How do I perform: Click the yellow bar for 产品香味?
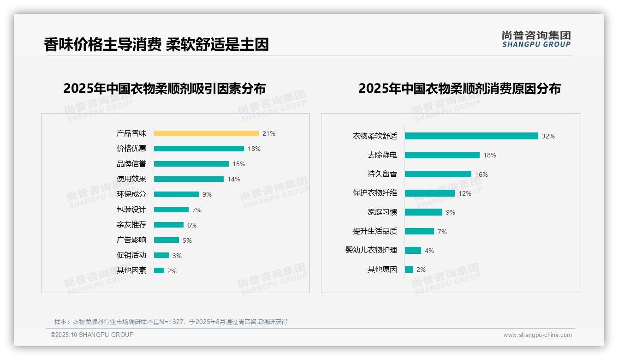pyautogui.click(x=206, y=133)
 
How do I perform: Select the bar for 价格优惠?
pyautogui.click(x=199, y=149)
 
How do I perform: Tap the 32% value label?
pyautogui.click(x=548, y=136)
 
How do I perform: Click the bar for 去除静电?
pyautogui.click(x=442, y=155)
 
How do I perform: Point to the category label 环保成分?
pyautogui.click(x=131, y=194)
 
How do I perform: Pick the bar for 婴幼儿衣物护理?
pyautogui.click(x=413, y=250)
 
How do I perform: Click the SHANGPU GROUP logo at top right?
pyautogui.click(x=536, y=39)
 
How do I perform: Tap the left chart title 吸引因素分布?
pyautogui.click(x=164, y=88)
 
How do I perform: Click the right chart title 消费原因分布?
pyautogui.click(x=459, y=88)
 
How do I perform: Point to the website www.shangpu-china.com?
pyautogui.click(x=537, y=335)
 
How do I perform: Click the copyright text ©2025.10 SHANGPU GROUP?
pyautogui.click(x=92, y=335)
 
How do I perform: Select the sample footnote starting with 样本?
pyautogui.click(x=171, y=322)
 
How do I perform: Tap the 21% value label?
pyautogui.click(x=268, y=133)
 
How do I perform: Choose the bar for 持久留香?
pyautogui.click(x=438, y=174)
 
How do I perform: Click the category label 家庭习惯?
pyautogui.click(x=382, y=212)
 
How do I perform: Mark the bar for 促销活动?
pyautogui.click(x=161, y=255)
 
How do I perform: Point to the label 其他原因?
pyautogui.click(x=382, y=270)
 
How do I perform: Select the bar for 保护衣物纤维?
pyautogui.click(x=429, y=193)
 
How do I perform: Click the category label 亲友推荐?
pyautogui.click(x=131, y=225)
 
